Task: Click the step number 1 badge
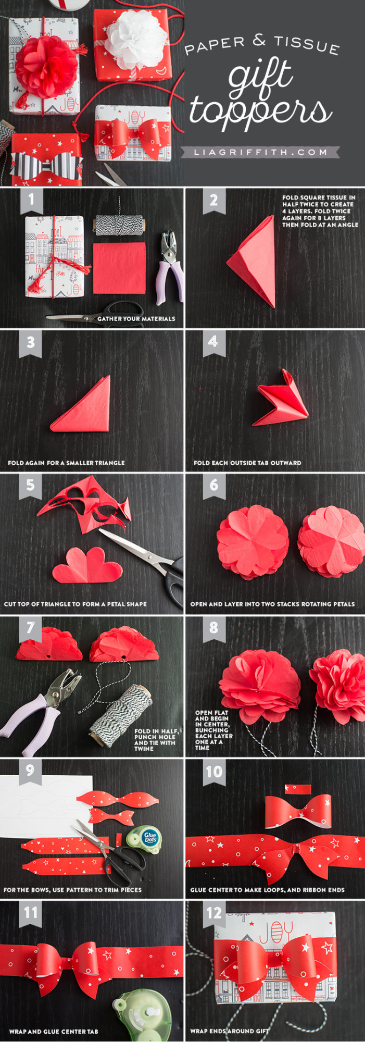(x=31, y=201)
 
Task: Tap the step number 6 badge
(x=214, y=486)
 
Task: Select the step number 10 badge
(x=214, y=772)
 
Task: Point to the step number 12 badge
(x=214, y=913)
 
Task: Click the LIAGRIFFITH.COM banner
(x=260, y=152)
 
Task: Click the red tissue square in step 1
(x=120, y=268)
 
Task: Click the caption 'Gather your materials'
(x=136, y=318)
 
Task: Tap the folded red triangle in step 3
(x=82, y=405)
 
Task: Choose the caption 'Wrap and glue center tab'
(x=53, y=1031)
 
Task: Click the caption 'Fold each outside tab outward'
(x=247, y=463)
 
